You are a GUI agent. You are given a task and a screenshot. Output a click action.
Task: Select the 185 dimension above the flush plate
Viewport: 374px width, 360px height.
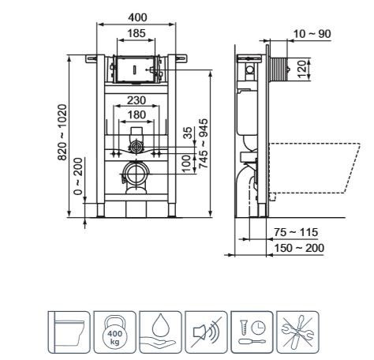(x=137, y=33)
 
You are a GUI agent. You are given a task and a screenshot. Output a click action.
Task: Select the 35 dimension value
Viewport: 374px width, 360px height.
(x=188, y=133)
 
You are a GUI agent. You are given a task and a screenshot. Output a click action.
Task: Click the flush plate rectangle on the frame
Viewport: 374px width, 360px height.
(x=136, y=70)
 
